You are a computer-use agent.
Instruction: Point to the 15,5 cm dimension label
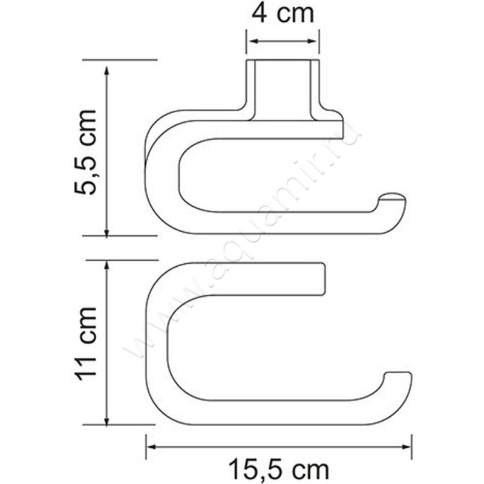[279, 468]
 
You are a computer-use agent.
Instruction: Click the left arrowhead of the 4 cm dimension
[250, 42]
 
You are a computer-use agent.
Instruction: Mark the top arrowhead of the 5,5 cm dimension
[107, 66]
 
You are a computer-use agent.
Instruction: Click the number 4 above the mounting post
[261, 14]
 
